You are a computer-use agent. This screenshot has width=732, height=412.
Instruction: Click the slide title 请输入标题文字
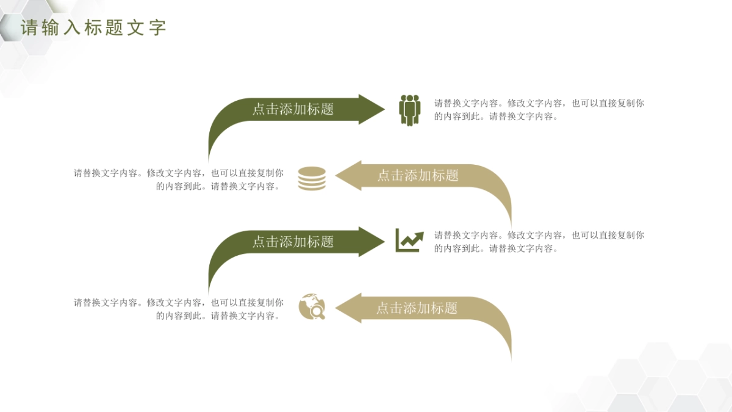(x=93, y=27)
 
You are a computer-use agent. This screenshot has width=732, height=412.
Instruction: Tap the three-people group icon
(x=410, y=110)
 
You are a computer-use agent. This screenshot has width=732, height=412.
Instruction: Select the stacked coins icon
(x=312, y=179)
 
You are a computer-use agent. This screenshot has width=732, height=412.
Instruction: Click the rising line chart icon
(x=409, y=240)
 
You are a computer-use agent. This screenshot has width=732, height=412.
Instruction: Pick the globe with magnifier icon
(x=312, y=306)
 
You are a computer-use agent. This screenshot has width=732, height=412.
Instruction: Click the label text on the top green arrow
(x=293, y=109)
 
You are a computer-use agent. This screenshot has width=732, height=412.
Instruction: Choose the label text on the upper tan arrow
(x=418, y=176)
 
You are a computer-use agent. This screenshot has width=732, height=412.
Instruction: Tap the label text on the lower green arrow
(x=293, y=242)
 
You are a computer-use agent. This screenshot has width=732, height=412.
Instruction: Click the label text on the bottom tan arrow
(x=417, y=308)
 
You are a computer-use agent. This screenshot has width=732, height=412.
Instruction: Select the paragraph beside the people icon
(x=539, y=110)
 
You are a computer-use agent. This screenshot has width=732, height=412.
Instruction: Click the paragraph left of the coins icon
(x=179, y=179)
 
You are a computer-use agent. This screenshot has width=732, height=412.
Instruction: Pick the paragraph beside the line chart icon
(x=539, y=242)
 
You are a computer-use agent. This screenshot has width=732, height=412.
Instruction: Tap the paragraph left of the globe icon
(x=179, y=309)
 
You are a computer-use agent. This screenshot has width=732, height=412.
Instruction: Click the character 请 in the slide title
(x=29, y=27)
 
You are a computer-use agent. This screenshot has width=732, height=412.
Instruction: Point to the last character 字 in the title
(x=157, y=27)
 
